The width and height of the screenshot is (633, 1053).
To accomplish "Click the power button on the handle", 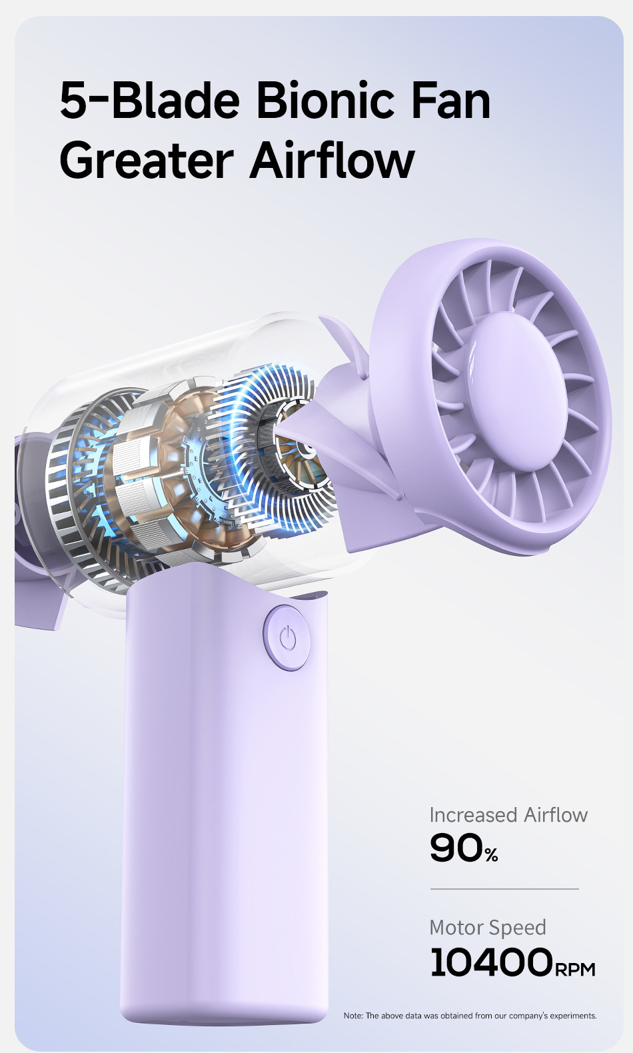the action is point(287,638).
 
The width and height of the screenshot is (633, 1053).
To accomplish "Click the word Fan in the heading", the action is point(450,100).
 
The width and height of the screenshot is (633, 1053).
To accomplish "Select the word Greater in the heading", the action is point(147,161).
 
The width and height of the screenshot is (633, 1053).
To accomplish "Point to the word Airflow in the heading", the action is point(332,159).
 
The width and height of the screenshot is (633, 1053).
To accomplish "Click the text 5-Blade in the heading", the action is point(150,100).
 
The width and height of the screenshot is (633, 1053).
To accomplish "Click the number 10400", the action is point(491,962).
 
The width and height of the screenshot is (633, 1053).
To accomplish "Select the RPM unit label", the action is point(575,969).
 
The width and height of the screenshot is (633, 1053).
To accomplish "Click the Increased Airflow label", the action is point(508,814).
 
